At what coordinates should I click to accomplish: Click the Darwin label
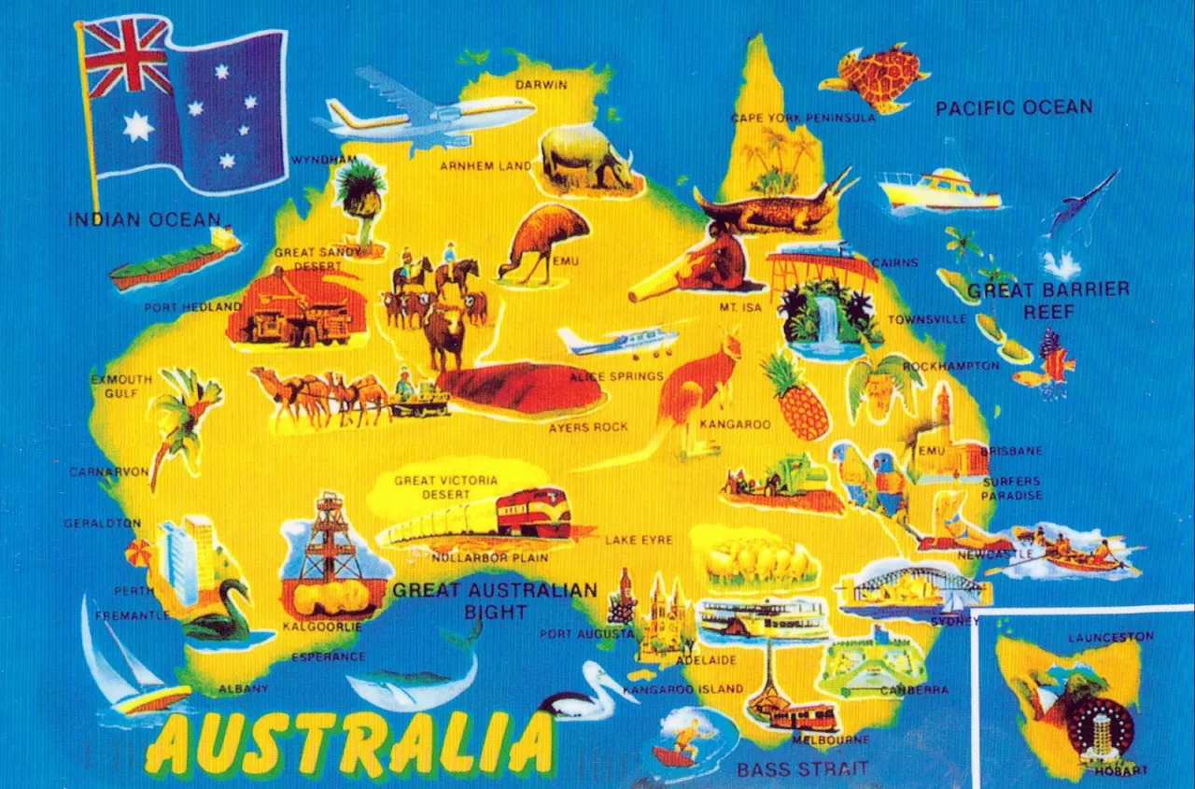point(541,84)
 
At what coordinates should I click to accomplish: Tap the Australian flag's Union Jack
point(127,58)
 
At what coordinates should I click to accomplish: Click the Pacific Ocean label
point(1014,107)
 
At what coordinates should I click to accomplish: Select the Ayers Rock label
point(588,428)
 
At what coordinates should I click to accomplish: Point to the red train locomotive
point(533,514)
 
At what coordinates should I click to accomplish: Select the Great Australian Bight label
point(494,600)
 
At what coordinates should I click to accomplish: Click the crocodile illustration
point(776,207)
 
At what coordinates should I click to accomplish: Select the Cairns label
point(894,263)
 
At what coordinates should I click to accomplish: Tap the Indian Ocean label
point(145,220)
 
